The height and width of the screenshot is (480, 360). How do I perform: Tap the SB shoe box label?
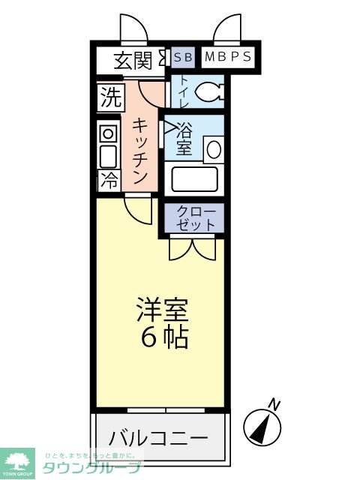182,58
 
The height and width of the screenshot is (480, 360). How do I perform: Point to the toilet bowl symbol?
208,92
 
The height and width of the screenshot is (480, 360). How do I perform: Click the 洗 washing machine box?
109,97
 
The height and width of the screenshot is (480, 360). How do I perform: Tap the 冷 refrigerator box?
109,180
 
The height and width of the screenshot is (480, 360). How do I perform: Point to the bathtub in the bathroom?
194,178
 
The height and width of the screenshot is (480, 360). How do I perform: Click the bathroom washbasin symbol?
213,148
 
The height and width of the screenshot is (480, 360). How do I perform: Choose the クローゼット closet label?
196,217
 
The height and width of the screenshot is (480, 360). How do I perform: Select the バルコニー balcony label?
157,437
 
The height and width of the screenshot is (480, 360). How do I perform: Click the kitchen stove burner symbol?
108,134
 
